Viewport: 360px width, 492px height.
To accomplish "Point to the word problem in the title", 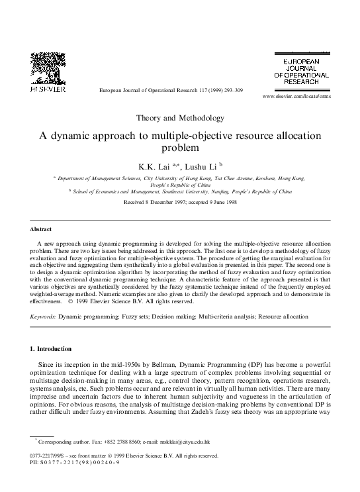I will click(179, 148).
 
